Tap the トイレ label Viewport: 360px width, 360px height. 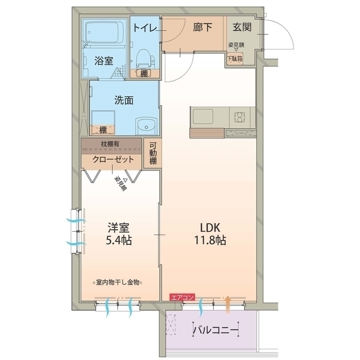(145, 26)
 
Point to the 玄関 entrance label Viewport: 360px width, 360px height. (242, 26)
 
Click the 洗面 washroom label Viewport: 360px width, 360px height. (124, 101)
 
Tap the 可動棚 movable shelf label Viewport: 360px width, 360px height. (153, 152)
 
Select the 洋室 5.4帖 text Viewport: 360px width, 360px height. (119, 234)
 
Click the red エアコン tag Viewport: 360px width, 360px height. (183, 296)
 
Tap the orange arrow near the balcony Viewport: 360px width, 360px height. (228, 303)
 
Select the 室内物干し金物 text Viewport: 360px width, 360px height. (119, 282)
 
